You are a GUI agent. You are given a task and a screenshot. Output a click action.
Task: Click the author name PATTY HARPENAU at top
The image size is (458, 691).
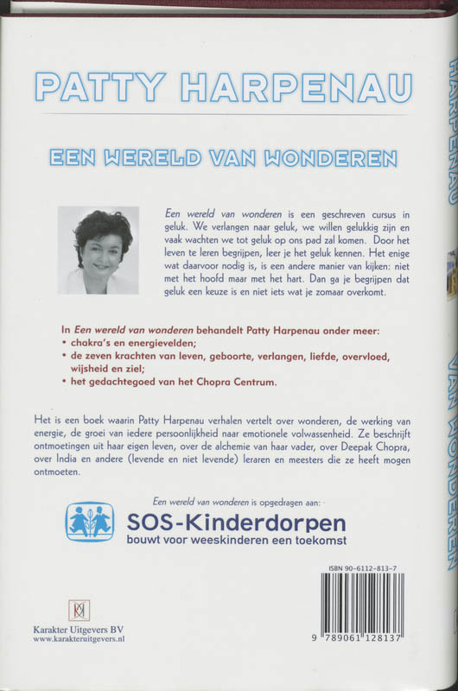pos(224,86)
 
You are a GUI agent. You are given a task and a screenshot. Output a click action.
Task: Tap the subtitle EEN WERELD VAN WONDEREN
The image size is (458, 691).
pos(224,159)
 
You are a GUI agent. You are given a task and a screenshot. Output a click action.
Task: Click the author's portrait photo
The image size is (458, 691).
pos(98,250)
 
